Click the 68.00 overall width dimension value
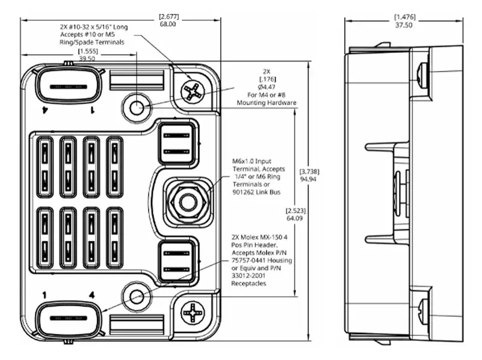tap(168, 24)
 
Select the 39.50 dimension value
tap(88, 59)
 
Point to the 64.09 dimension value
tap(295, 219)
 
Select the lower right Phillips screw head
tap(193, 313)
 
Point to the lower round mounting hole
tap(137, 296)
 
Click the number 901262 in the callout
tap(244, 192)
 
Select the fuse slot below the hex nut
tap(176, 259)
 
